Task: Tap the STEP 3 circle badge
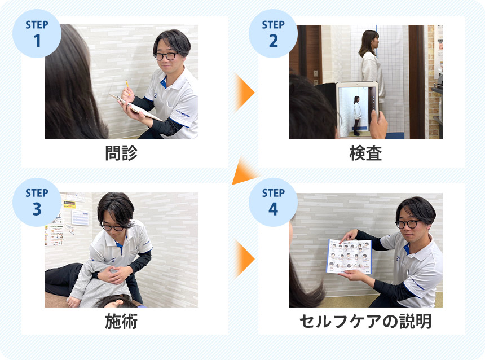[x=37, y=202]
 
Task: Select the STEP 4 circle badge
[x=273, y=202]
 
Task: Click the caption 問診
[x=121, y=153]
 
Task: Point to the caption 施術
[x=121, y=322]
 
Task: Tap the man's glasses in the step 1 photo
[x=165, y=56]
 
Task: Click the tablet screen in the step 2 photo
[x=356, y=109]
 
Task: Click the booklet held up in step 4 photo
[x=349, y=256]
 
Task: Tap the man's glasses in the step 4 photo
[x=407, y=223]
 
